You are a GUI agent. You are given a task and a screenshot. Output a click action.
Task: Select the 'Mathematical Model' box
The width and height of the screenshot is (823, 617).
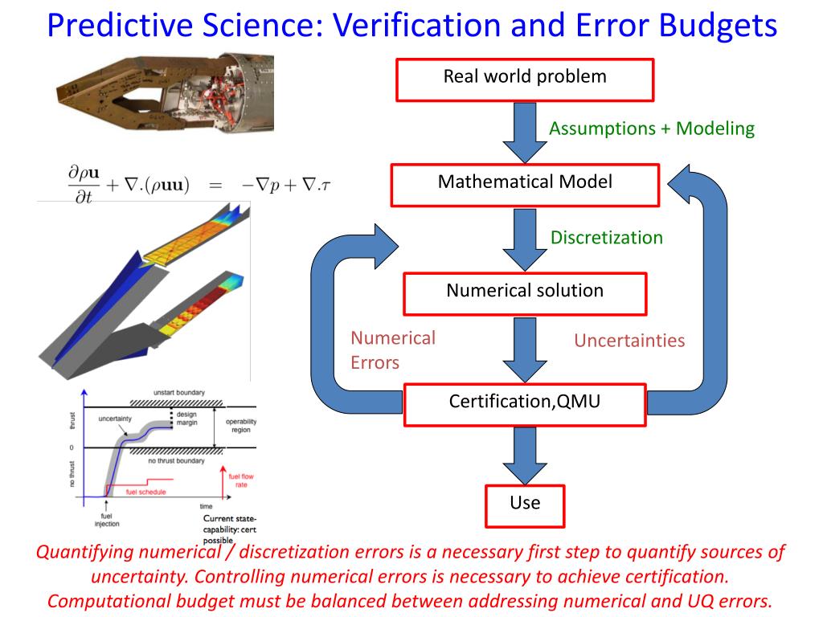click(x=525, y=184)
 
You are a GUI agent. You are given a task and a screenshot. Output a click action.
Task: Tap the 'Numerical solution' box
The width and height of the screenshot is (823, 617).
click(x=525, y=292)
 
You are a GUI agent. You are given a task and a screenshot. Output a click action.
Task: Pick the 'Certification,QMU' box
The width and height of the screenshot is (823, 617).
click(x=525, y=403)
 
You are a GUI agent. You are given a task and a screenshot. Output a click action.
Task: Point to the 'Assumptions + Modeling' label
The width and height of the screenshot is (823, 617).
click(x=652, y=129)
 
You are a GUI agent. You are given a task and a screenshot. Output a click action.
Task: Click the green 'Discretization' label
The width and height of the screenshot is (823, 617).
click(x=607, y=238)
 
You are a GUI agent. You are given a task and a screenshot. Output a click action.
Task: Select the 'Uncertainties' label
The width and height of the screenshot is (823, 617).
click(x=629, y=341)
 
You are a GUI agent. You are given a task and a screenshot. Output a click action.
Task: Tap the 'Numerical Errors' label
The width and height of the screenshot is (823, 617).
click(x=392, y=350)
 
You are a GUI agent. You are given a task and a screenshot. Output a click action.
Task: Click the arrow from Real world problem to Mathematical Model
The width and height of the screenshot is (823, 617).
click(x=525, y=132)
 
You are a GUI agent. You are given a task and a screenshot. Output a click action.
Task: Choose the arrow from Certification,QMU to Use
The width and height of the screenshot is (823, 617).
click(x=525, y=456)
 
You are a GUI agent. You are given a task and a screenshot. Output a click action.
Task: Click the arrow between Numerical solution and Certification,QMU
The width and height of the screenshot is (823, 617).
click(x=525, y=349)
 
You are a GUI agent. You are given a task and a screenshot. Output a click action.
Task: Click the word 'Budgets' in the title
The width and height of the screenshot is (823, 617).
click(x=719, y=27)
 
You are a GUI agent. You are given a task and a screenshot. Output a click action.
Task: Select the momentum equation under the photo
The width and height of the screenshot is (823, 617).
click(x=199, y=184)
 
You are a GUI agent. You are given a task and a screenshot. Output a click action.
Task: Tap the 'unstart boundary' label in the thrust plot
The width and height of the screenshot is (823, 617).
click(x=178, y=393)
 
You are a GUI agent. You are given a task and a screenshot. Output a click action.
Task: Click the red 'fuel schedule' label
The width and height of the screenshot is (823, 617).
click(x=146, y=492)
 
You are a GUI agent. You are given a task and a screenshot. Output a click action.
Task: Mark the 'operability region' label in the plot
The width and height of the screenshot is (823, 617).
click(x=241, y=426)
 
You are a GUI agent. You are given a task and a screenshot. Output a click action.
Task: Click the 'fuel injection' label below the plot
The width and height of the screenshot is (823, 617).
click(x=106, y=520)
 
